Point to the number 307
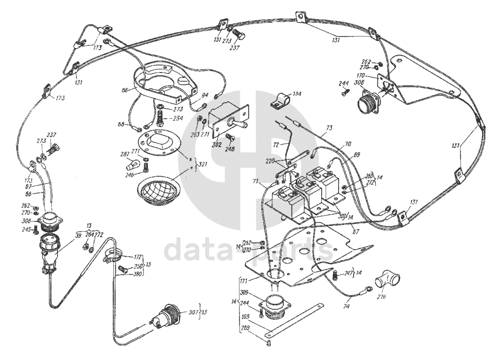point(193,312)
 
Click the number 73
point(328,129)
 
